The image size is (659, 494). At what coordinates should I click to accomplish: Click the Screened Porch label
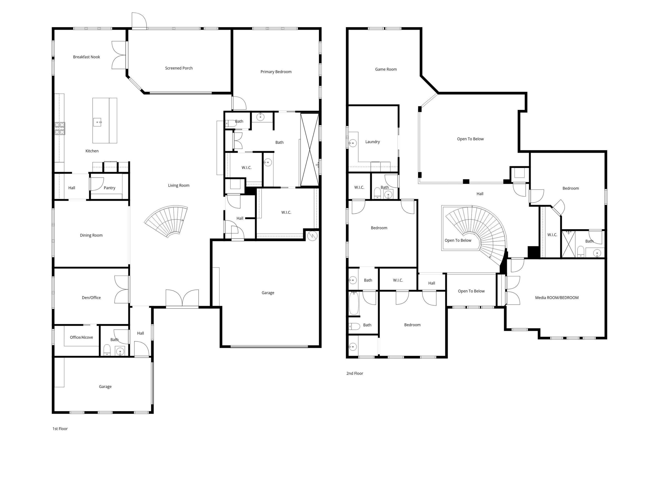pyautogui.click(x=179, y=68)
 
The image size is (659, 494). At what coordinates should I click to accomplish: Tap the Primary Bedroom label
pyautogui.click(x=276, y=72)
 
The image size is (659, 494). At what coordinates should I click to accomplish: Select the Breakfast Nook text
pyautogui.click(x=86, y=57)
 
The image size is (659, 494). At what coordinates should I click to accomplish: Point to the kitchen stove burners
pyautogui.click(x=59, y=129)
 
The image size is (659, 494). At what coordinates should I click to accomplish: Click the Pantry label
pyautogui.click(x=109, y=188)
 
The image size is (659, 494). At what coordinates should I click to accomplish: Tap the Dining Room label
pyautogui.click(x=91, y=235)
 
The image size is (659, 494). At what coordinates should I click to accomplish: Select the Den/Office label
pyautogui.click(x=91, y=298)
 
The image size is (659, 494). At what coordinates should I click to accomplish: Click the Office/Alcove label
pyautogui.click(x=81, y=337)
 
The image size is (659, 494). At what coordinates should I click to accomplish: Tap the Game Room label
pyautogui.click(x=386, y=69)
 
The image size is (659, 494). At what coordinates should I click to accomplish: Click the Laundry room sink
pyautogui.click(x=353, y=143)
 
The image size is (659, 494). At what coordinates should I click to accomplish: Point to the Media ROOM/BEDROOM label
pyautogui.click(x=556, y=298)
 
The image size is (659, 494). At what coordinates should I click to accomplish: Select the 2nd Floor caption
pyautogui.click(x=354, y=373)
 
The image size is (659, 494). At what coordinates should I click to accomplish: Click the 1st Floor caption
pyautogui.click(x=60, y=429)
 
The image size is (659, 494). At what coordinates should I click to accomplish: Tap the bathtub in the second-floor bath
pyautogui.click(x=354, y=303)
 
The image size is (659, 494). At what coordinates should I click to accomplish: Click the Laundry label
pyautogui.click(x=372, y=142)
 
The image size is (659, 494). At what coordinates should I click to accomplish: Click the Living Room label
pyautogui.click(x=178, y=185)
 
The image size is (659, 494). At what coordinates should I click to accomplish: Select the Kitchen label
pyautogui.click(x=92, y=151)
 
